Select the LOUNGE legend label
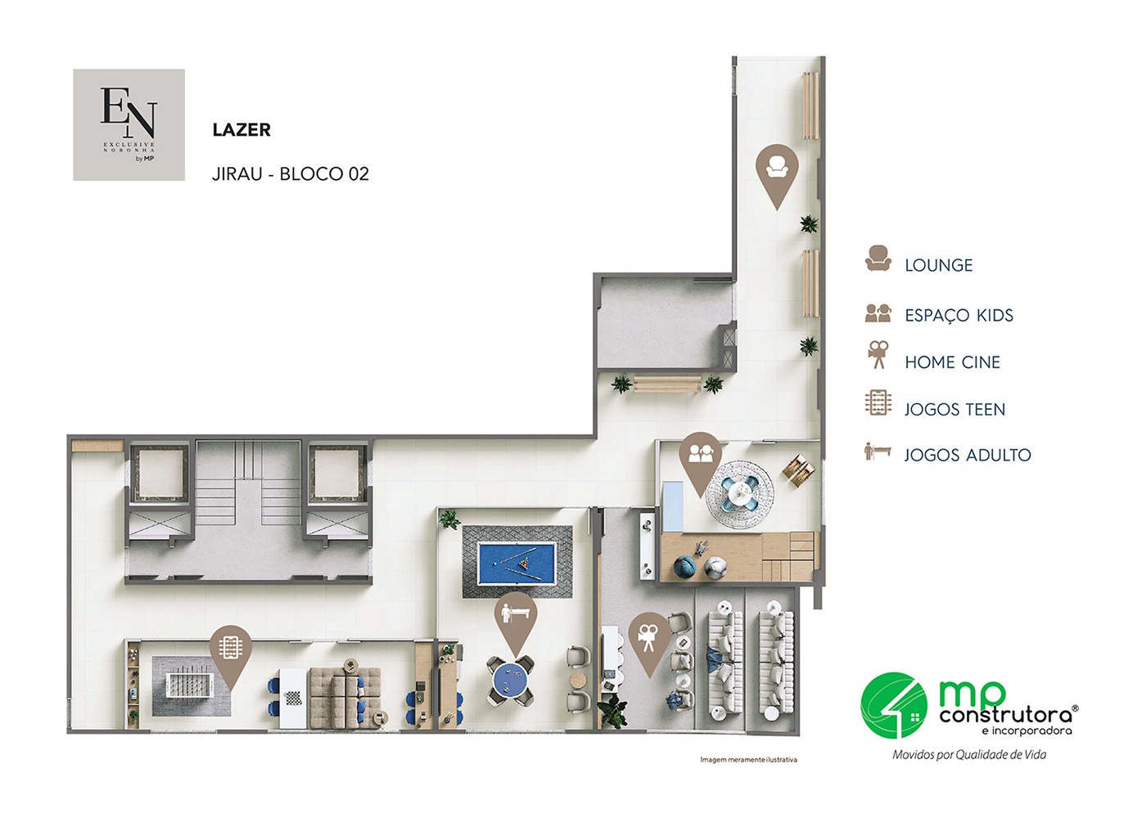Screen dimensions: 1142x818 point(939,265)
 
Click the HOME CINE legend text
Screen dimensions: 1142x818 point(952,362)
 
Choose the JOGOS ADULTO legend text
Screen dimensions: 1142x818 point(968,455)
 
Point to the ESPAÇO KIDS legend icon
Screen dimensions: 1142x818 point(878,313)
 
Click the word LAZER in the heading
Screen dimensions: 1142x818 point(241,130)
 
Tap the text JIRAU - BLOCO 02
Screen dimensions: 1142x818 point(290,173)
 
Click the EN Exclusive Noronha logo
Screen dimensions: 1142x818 point(129,125)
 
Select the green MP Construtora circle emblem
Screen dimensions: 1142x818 point(894,705)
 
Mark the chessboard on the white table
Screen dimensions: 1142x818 point(292,699)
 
